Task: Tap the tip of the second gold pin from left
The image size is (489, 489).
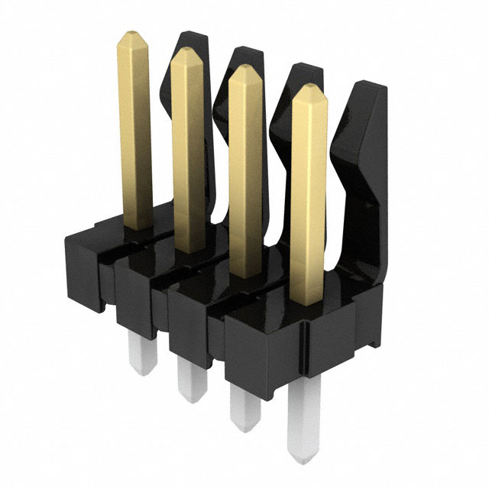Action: click(x=186, y=56)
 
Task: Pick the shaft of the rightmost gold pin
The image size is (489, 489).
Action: click(x=309, y=199)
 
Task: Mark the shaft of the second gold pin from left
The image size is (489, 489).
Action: click(x=188, y=153)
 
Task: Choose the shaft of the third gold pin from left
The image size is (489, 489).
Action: click(x=245, y=176)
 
